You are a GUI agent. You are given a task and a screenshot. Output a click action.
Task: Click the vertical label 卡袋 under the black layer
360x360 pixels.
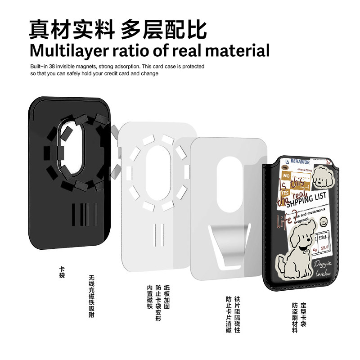point(62,272)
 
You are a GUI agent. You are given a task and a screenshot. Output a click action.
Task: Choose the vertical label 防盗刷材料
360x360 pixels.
point(295,317)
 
